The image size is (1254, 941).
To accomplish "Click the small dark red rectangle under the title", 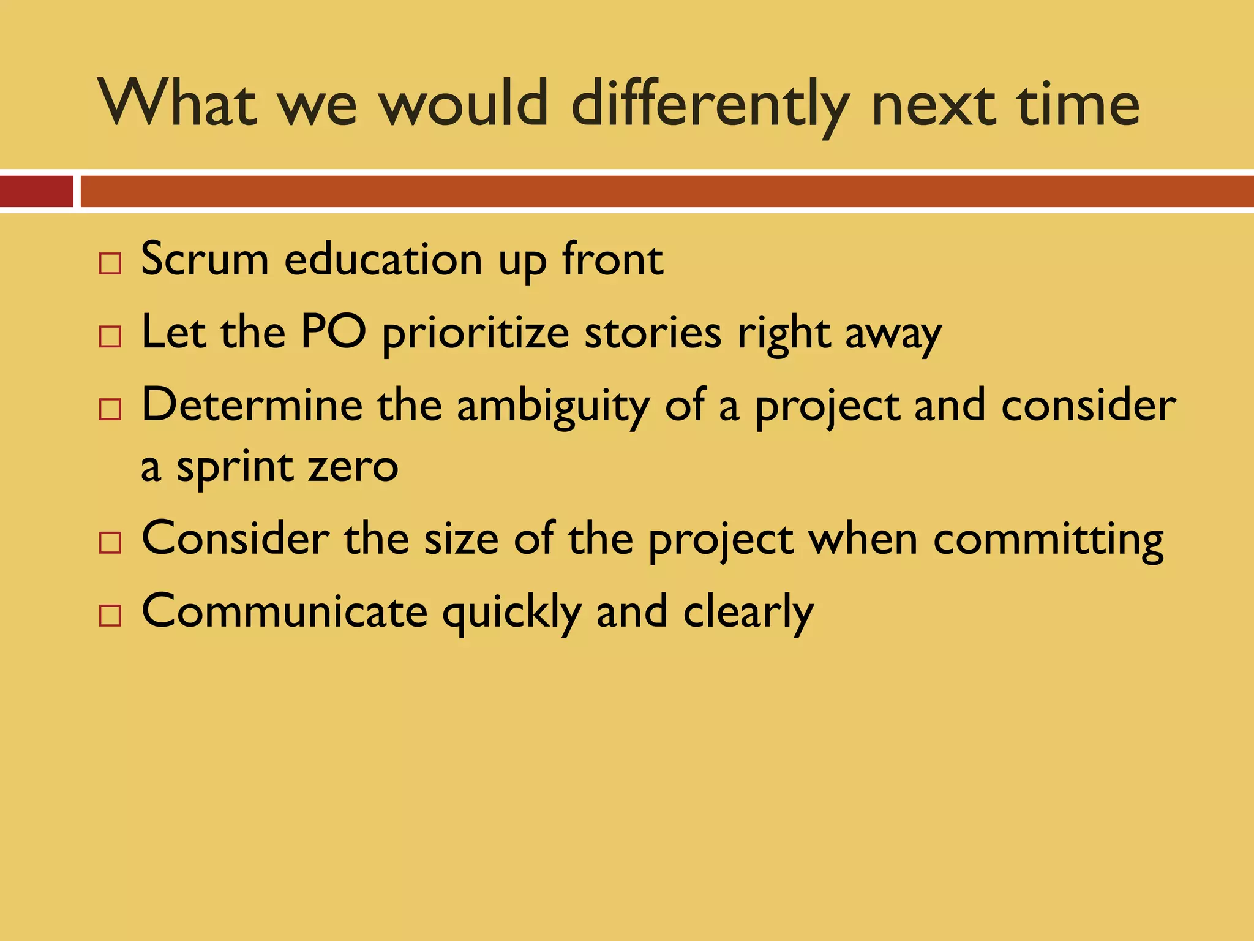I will point(36,191).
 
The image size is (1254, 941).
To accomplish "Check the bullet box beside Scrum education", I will point(110,264).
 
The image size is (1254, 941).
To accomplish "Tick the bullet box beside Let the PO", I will point(110,337).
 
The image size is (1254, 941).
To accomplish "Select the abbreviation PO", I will point(334,333).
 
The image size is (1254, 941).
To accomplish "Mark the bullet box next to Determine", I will point(110,409).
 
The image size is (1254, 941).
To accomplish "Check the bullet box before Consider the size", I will point(110,543).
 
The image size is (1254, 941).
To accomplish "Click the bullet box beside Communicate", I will point(110,615).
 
